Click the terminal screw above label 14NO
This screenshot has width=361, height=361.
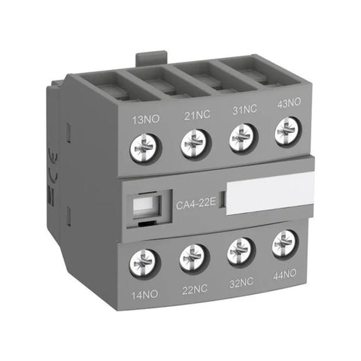tap(141, 263)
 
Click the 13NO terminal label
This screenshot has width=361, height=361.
tap(143, 118)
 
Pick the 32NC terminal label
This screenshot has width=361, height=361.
tap(241, 284)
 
